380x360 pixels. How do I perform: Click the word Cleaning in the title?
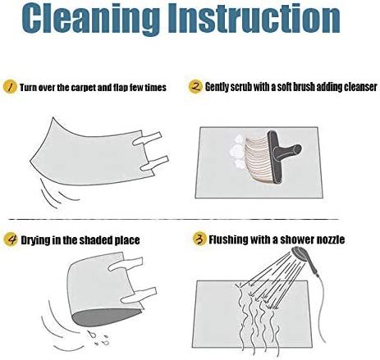tap(90, 19)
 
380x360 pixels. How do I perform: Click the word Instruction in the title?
tap(254, 18)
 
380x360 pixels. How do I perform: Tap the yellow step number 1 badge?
tap(10, 87)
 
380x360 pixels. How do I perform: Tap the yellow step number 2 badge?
tap(195, 87)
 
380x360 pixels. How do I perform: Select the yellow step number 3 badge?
tap(199, 239)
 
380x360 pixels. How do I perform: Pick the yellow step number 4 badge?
tap(11, 239)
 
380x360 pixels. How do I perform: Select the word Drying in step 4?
tap(34, 240)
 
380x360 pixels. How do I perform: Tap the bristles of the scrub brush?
tap(259, 159)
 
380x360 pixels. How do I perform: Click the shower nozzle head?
tap(300, 253)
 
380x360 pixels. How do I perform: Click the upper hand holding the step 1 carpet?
tap(147, 139)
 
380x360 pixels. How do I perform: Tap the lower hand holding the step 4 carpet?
tap(139, 295)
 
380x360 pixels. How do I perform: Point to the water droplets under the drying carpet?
tap(99, 338)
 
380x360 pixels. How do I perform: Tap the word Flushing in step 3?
tap(228, 239)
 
